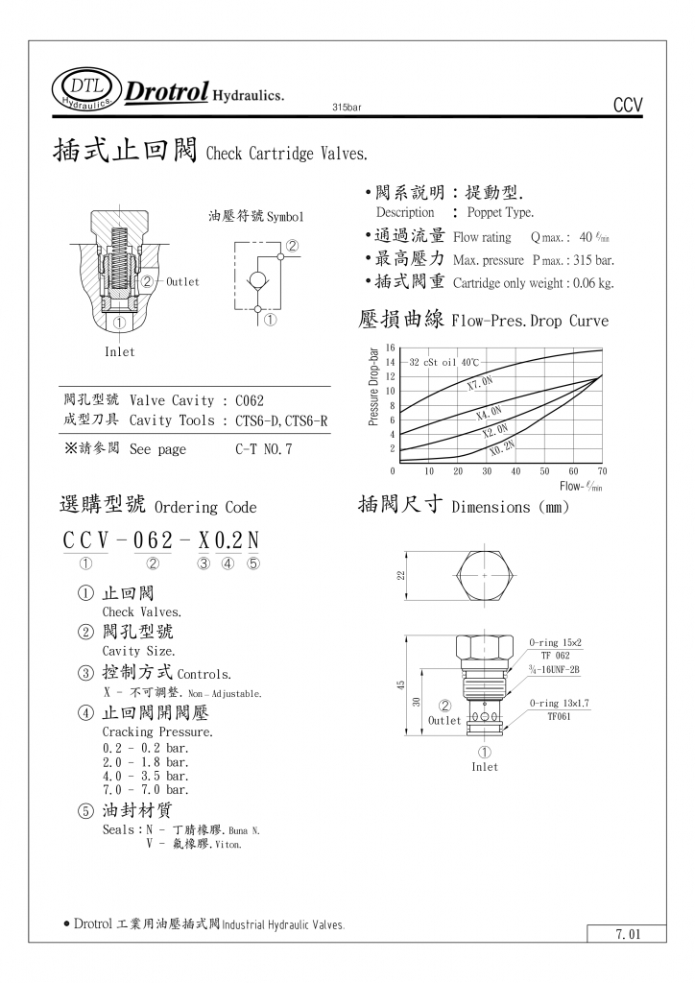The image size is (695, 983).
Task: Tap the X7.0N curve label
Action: pos(479,383)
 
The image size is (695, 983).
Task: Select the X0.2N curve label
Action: pos(501,447)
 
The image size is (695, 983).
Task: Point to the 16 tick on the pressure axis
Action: pos(391,348)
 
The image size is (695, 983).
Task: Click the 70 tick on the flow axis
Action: pos(602,471)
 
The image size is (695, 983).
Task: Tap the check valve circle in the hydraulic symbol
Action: pos(259,280)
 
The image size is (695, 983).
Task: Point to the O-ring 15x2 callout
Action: pos(556,642)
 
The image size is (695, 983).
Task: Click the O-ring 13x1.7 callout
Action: pos(559,704)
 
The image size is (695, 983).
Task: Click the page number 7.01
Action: pos(627,933)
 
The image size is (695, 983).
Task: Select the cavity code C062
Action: pos(249,399)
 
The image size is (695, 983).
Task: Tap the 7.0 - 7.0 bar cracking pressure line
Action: pos(146,789)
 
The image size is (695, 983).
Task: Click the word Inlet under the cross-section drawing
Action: pos(120,352)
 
